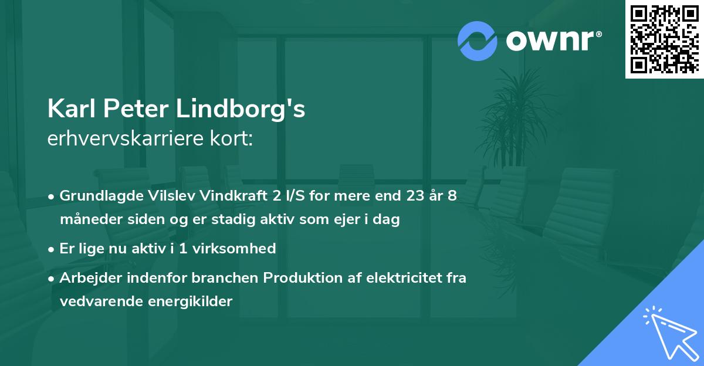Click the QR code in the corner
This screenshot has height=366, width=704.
click(664, 39)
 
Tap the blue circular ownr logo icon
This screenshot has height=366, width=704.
click(478, 41)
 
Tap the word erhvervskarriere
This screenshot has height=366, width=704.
click(124, 140)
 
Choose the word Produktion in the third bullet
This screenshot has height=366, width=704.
click(264, 277)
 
